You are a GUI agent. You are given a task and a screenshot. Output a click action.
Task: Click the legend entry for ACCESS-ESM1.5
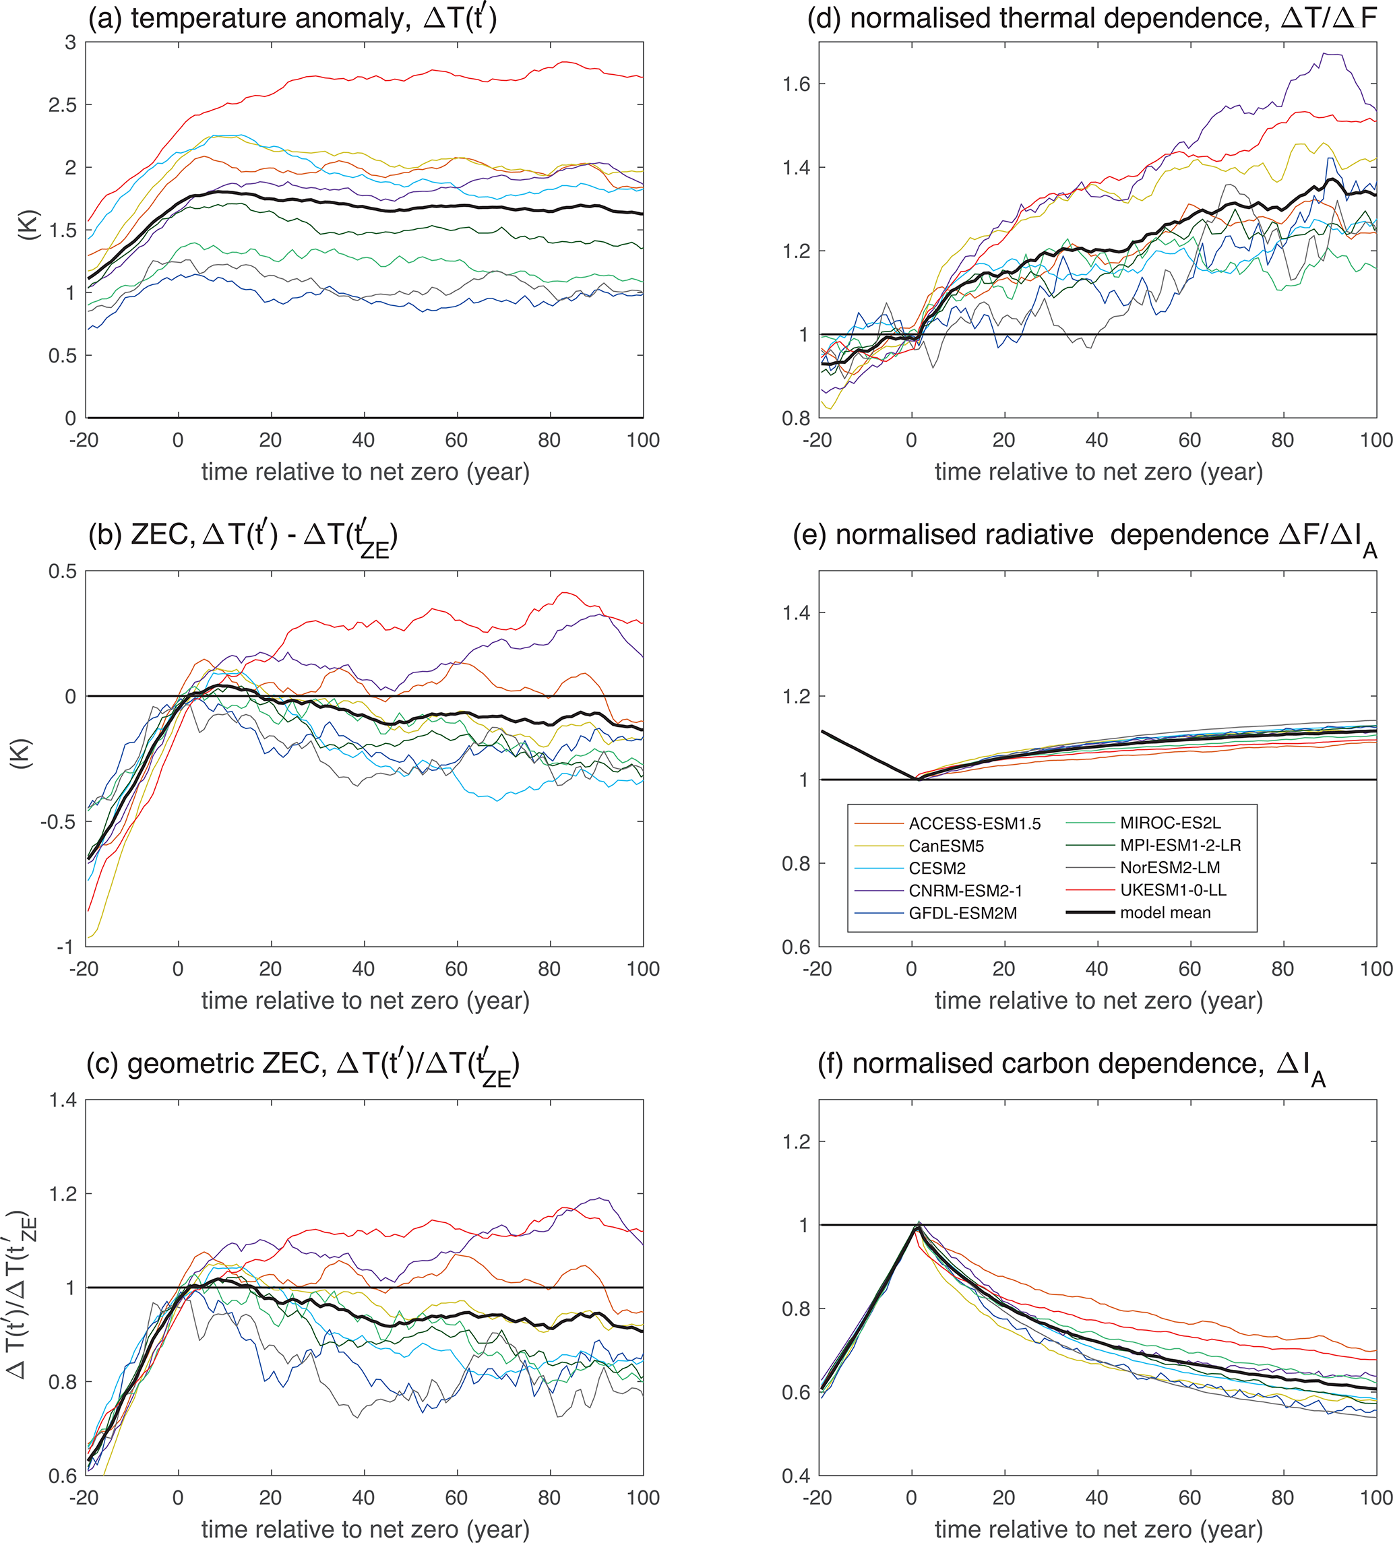pos(974,824)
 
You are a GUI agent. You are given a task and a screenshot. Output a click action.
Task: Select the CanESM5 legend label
pos(946,846)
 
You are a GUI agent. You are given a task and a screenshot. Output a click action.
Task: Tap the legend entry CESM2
pos(937,869)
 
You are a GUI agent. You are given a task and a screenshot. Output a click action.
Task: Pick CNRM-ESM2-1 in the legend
pos(965,891)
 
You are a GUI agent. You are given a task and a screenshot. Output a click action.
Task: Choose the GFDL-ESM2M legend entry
pos(963,913)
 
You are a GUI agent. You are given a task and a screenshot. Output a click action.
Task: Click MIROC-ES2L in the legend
pos(1171,823)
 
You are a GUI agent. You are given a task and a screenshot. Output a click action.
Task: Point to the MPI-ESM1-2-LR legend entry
pos(1180,846)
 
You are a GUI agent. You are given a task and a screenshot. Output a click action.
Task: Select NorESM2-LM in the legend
pos(1169,868)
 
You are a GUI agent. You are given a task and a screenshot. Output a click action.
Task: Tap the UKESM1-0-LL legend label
pos(1173,890)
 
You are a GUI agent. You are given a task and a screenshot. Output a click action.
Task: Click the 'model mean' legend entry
pos(1165,912)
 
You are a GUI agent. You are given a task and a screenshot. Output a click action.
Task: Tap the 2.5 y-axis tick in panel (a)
pos(63,105)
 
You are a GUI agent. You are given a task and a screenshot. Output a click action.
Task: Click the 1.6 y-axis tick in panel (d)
pos(796,84)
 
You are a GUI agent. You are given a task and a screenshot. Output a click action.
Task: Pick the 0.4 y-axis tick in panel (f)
pos(796,1476)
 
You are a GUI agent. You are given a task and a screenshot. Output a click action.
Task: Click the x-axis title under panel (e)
pos(1098,1001)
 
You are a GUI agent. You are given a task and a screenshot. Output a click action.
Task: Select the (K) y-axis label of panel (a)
pos(29,226)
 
